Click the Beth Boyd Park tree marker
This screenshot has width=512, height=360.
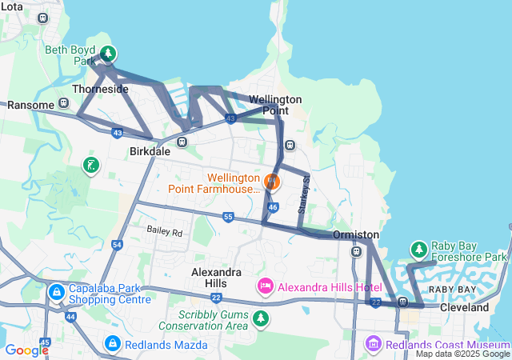coord(108,54)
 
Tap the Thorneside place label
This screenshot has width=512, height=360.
coord(100,89)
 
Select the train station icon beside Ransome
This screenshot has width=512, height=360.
coord(64,104)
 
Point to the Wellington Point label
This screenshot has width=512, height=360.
coord(275,104)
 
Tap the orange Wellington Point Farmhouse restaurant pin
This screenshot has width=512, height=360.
coord(272,182)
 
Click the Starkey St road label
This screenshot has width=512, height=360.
coord(303,195)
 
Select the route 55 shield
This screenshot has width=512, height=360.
coord(228,217)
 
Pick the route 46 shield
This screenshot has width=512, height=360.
coord(273,207)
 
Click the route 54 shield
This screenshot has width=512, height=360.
coord(118,244)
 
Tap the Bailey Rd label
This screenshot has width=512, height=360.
coord(165,232)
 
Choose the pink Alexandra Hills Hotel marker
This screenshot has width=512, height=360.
coord(266,286)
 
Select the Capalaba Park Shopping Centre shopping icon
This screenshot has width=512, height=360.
coord(57,292)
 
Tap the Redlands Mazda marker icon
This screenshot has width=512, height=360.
coord(113,344)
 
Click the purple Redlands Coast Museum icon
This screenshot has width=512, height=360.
coord(373,344)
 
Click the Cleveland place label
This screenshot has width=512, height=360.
coord(464,307)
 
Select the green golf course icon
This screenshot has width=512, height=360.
coord(92,166)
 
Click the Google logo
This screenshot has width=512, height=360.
coord(27,350)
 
